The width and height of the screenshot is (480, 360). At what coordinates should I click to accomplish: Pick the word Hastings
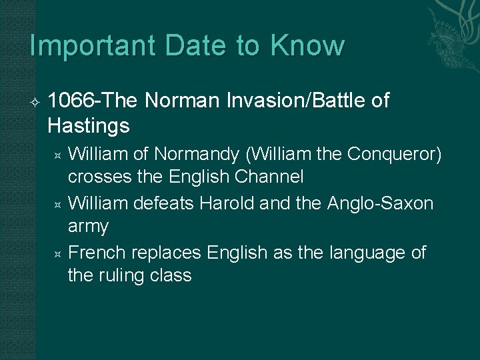coord(89,125)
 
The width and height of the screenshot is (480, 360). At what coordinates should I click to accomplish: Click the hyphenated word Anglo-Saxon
coord(381,203)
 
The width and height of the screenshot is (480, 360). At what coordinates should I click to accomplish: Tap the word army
coord(88,227)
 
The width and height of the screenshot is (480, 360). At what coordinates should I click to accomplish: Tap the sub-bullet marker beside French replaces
coord(57,254)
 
